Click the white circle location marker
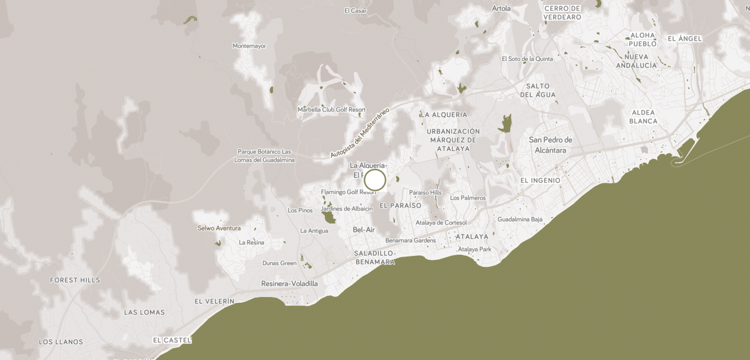point(375,180)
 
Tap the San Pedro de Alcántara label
point(550,145)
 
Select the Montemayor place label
point(249,46)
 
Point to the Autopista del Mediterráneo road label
point(359,133)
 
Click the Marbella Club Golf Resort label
point(331,109)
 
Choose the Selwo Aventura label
point(219,228)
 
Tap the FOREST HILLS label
point(75,280)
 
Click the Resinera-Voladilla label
point(289,283)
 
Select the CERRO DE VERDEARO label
point(562,13)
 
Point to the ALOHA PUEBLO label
point(642,39)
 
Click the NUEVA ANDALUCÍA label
point(636,61)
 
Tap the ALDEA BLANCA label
point(643,117)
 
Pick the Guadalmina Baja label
point(520,219)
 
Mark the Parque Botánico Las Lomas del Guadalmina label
point(264,156)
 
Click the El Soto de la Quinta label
point(527,58)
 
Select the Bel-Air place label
point(364,230)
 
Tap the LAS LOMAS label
point(144,312)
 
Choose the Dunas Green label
point(279,263)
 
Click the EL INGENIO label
point(540,180)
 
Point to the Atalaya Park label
point(474,249)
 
